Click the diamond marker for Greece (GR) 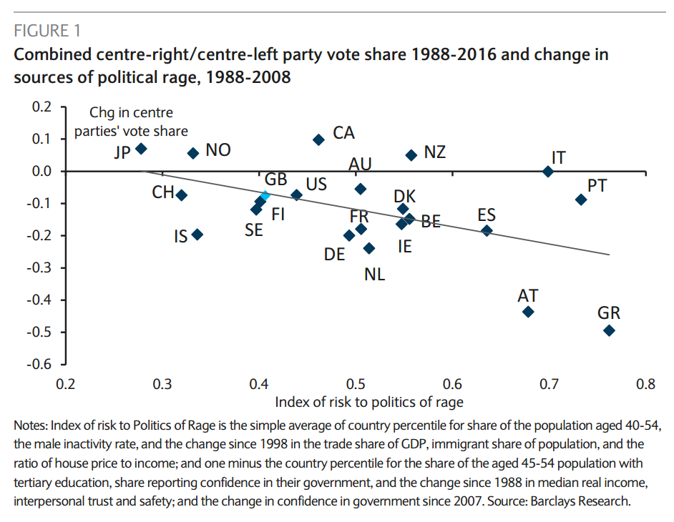point(609,330)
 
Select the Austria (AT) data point point(528,312)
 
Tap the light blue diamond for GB point(265,195)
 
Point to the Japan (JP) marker point(141,149)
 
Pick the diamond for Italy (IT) point(548,172)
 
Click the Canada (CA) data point point(319,139)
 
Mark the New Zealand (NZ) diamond point(411,155)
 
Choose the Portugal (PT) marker point(581,200)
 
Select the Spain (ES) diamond point(487,230)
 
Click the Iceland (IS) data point point(197,234)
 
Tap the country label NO point(218,151)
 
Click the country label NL point(374,274)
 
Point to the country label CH point(163,192)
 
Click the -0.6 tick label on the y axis point(40,365)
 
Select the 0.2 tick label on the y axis point(42,107)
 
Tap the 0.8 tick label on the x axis point(645,384)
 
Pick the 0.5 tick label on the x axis point(356,384)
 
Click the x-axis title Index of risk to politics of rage point(368,402)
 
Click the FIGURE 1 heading point(47,31)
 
